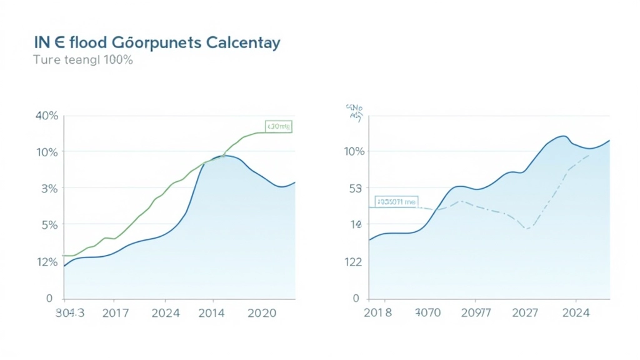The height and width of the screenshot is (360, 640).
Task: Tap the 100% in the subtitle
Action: (118, 61)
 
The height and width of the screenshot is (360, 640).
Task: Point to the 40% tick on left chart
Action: (47, 116)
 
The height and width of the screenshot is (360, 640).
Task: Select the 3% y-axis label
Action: (49, 189)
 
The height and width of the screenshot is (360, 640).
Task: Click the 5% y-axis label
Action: (49, 225)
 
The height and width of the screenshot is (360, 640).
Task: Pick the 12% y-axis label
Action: (47, 262)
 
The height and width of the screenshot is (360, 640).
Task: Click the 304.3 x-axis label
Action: (69, 313)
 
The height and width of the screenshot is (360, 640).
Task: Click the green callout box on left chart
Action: (278, 127)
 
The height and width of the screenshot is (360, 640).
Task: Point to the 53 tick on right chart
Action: (354, 189)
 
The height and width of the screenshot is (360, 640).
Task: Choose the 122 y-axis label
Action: (353, 262)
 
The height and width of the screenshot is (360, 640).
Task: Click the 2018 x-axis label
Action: (377, 313)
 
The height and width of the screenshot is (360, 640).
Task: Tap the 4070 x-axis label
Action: (428, 313)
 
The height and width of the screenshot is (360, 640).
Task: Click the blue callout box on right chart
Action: (396, 202)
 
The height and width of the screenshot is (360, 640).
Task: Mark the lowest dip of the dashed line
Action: (527, 229)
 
